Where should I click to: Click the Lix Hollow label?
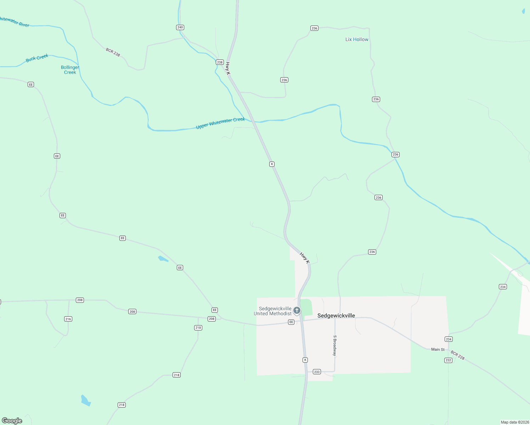pyautogui.click(x=357, y=39)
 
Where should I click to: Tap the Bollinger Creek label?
pyautogui.click(x=70, y=70)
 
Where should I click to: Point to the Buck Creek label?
pyautogui.click(x=37, y=58)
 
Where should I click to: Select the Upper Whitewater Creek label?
pyautogui.click(x=220, y=123)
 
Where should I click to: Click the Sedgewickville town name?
pyautogui.click(x=336, y=316)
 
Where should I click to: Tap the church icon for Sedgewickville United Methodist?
pyautogui.click(x=297, y=311)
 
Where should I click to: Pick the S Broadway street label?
pyautogui.click(x=334, y=346)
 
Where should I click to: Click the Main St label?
pyautogui.click(x=438, y=350)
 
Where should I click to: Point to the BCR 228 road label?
pyautogui.click(x=457, y=355)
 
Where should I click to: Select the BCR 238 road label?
pyautogui.click(x=113, y=52)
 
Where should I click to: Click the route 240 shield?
pyautogui.click(x=180, y=27)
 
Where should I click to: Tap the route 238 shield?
pyautogui.click(x=220, y=62)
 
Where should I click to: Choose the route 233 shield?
pyautogui.click(x=317, y=372)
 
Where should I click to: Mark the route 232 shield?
pyautogui.click(x=448, y=360)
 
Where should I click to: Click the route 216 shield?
pyautogui.click(x=68, y=319)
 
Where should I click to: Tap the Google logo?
pyautogui.click(x=12, y=421)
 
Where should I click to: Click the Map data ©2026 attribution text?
pyautogui.click(x=514, y=422)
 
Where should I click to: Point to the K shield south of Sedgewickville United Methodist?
pyautogui.click(x=305, y=360)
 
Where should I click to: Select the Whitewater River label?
pyautogui.click(x=14, y=22)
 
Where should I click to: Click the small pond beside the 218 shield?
pyautogui.click(x=86, y=401)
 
